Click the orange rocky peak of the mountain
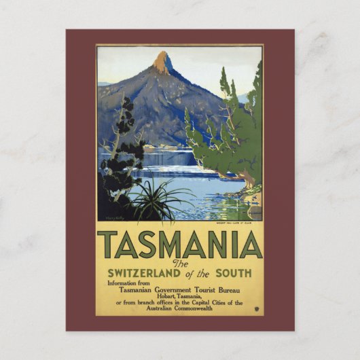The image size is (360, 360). coord(162,62)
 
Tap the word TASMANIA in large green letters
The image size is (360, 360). coord(179,245)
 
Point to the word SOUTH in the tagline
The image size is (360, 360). coord(232,273)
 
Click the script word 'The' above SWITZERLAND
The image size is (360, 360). coord(180,264)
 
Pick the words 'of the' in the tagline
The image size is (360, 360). coord(203,273)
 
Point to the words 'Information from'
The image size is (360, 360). coord(130,281)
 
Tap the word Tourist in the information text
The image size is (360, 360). coord(207,288)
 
